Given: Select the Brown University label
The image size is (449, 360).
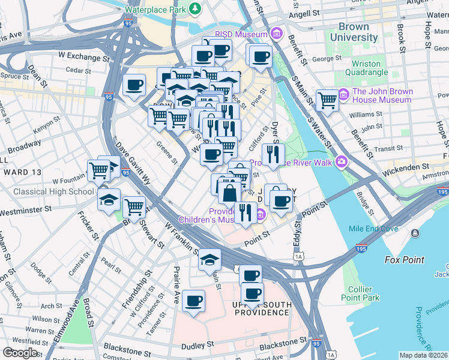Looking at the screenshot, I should [358, 32].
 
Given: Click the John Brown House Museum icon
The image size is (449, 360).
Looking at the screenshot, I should [343, 95].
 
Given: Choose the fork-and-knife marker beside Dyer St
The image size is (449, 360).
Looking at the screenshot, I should [273, 154].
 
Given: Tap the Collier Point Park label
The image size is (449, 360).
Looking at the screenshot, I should [360, 292].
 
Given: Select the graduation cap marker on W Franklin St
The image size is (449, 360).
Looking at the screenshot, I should [209, 259].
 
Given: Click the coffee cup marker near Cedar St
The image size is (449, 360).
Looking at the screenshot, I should [134, 85].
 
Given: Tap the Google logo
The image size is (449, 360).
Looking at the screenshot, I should [20, 353].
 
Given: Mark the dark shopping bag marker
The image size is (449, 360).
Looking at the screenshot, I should [230, 193].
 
